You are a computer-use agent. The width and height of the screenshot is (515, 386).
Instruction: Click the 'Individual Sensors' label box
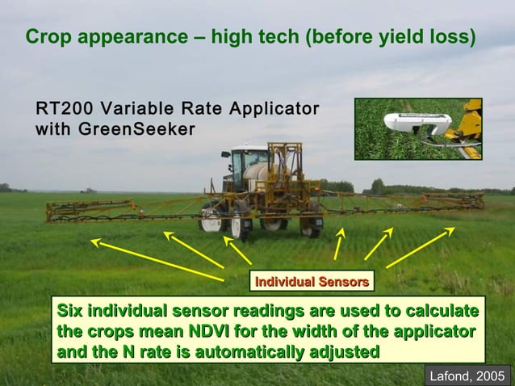tap(312, 281)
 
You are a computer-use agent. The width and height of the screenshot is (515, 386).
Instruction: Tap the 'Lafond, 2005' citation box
tap(467, 375)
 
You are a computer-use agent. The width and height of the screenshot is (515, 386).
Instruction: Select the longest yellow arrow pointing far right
tap(421, 247)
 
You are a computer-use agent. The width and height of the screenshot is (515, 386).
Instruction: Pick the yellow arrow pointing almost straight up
tap(338, 243)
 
